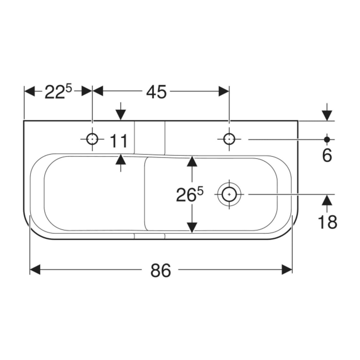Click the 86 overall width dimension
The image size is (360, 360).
(161, 270)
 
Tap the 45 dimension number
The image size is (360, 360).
(156, 92)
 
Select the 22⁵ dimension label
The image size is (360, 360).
(58, 92)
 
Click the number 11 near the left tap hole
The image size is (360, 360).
(118, 141)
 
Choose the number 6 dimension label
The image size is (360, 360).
(327, 155)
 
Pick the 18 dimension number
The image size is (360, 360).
(327, 222)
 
